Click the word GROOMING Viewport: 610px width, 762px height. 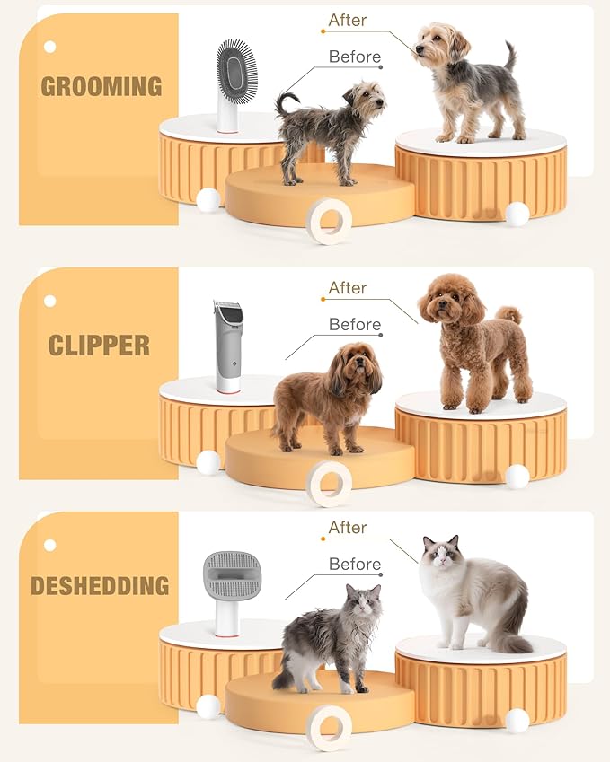pos(102,87)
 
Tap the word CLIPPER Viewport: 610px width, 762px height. pos(100,346)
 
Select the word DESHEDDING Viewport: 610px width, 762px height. pos(100,586)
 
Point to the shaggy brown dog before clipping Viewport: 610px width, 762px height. pos(327,396)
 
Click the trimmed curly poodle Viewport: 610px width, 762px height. pos(471,340)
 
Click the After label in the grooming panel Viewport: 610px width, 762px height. pos(348,20)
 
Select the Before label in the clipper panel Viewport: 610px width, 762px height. pos(354,324)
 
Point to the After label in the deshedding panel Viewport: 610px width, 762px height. pos(348,528)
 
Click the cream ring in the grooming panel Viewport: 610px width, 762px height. pos(330,221)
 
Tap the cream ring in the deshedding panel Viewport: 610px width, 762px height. pos(330,727)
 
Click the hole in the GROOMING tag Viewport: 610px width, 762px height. pos(49,47)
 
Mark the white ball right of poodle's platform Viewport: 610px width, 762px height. pos(517,477)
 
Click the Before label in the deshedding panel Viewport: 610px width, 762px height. pos(354,565)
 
